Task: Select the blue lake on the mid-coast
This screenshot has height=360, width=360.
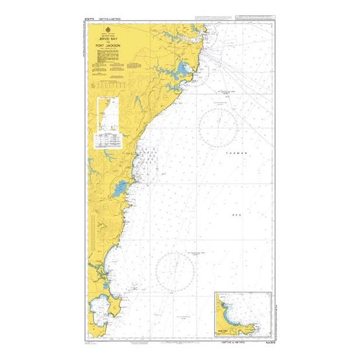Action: coord(119,190)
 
